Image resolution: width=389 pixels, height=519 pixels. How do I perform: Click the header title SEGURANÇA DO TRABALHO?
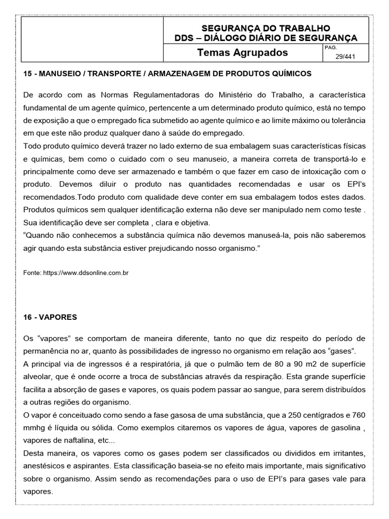(x=266, y=28)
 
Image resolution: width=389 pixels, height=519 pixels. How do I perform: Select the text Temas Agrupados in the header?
(x=242, y=53)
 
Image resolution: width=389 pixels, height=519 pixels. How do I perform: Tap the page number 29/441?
(x=345, y=57)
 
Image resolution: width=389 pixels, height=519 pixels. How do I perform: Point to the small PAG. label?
(x=329, y=47)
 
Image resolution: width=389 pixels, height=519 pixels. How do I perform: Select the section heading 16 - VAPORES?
(x=50, y=317)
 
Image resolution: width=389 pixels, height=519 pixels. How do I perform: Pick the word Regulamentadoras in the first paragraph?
(x=163, y=95)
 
